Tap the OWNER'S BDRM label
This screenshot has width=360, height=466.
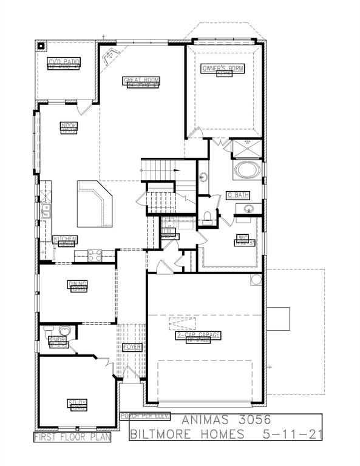(x=223, y=69)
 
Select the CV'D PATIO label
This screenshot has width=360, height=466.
(x=64, y=62)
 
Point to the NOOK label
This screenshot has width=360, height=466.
(x=69, y=126)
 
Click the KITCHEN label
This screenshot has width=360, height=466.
(x=64, y=239)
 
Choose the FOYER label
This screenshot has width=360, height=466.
(x=132, y=347)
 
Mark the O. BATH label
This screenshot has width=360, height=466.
(x=238, y=195)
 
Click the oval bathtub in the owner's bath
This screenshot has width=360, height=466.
(x=248, y=169)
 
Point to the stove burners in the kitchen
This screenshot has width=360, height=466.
(x=95, y=255)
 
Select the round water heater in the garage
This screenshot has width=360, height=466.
(x=256, y=281)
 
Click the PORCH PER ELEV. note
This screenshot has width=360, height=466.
(x=144, y=416)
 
